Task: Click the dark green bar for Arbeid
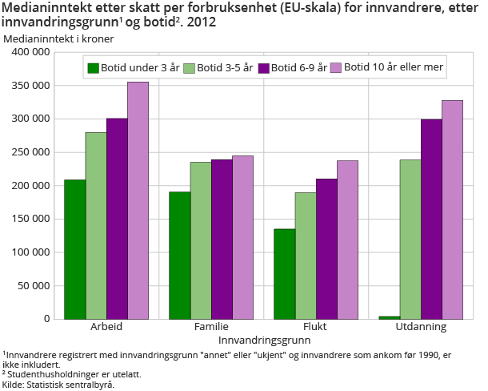(75, 249)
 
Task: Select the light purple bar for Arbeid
(138, 200)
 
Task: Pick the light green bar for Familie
(201, 240)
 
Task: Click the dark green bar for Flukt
(284, 274)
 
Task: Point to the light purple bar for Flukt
(347, 240)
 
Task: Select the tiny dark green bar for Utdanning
(390, 317)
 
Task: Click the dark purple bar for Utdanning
(431, 219)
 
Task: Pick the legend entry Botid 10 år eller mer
(386, 68)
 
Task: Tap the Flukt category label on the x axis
(315, 328)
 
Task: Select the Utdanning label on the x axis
(420, 328)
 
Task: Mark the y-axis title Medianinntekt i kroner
(58, 38)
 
